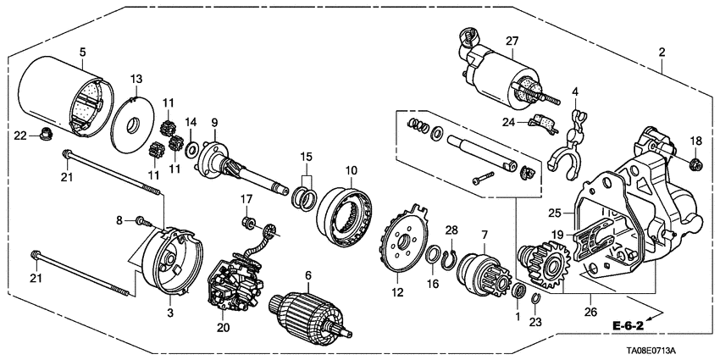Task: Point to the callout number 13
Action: (136, 78)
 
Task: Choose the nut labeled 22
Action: (39, 134)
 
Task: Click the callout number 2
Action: (662, 52)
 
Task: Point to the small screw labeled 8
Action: (141, 222)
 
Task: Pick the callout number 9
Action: (215, 121)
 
